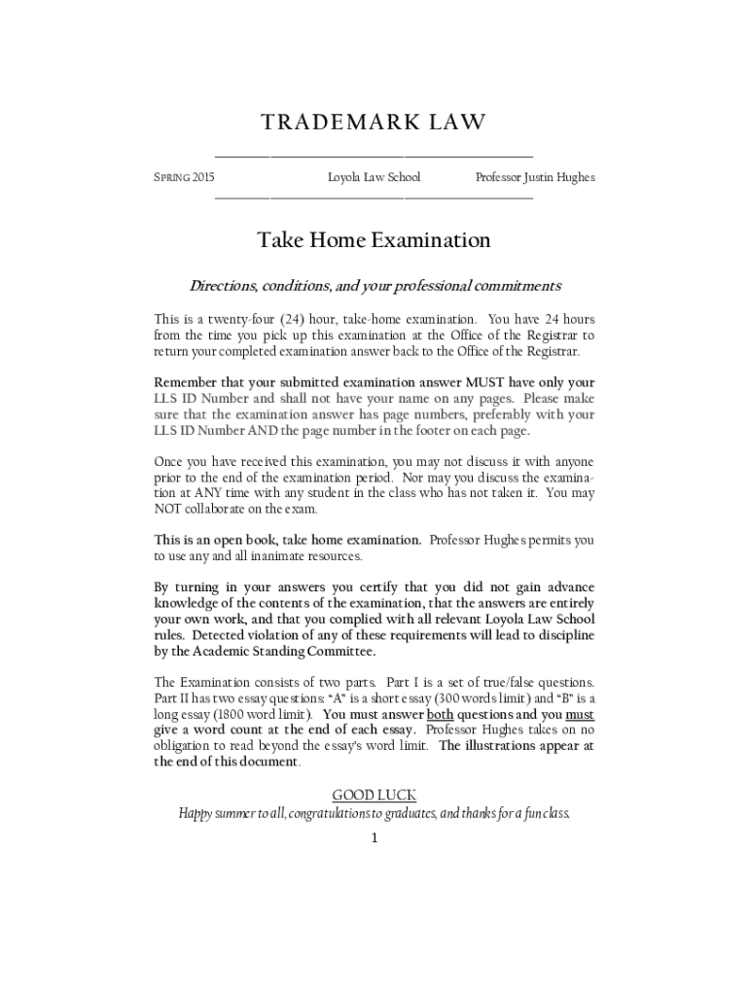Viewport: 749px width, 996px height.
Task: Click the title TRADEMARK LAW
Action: click(x=374, y=123)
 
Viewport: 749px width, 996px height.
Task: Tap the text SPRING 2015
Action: click(x=185, y=177)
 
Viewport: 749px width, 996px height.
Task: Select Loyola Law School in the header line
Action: click(x=374, y=177)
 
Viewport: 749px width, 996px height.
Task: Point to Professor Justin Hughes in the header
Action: click(x=534, y=177)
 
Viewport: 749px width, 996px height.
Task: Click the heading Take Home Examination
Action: click(x=374, y=239)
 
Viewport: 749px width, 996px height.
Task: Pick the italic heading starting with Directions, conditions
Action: click(x=374, y=287)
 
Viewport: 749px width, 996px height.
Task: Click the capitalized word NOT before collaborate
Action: click(x=168, y=509)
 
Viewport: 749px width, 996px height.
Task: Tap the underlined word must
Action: click(x=580, y=714)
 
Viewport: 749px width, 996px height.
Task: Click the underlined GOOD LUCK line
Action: click(x=374, y=796)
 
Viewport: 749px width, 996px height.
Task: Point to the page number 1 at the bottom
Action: click(x=374, y=837)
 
